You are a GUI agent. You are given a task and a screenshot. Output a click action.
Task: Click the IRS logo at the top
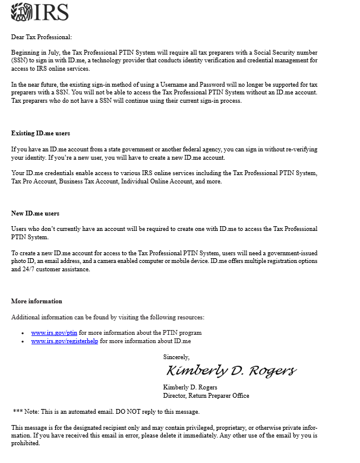40,12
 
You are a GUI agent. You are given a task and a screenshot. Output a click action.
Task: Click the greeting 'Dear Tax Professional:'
41,37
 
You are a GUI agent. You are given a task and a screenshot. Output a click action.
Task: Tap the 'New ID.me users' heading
35,213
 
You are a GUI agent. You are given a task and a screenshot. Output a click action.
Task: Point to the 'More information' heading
36,301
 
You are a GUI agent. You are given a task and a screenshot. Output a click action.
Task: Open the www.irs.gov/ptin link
54,332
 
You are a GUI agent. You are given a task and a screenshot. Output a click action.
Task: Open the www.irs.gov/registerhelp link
64,341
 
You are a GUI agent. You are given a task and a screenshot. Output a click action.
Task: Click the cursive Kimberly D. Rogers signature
230,371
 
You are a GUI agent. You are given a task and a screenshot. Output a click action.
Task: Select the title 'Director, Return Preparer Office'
206,395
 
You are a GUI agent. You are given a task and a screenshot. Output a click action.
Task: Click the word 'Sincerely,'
176,357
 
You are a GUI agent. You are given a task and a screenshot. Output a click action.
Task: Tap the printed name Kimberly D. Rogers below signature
190,387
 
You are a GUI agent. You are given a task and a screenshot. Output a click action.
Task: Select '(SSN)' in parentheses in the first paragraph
19,61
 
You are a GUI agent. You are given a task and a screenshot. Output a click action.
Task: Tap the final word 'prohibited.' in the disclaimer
26,443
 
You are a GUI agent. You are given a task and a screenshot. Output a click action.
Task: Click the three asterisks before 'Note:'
18,411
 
